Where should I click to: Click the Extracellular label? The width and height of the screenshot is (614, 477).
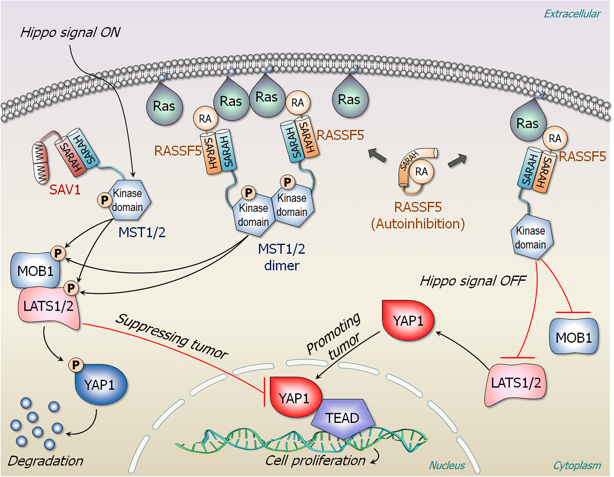pyautogui.click(x=572, y=14)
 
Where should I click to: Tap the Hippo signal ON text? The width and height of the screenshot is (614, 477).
pyautogui.click(x=70, y=33)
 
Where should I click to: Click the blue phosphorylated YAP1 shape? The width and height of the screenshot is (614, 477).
pyautogui.click(x=101, y=385)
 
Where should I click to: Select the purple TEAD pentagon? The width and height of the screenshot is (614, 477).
pyautogui.click(x=342, y=418)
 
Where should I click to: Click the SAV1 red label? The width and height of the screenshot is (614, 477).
pyautogui.click(x=65, y=190)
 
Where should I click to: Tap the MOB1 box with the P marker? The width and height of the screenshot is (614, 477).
pyautogui.click(x=35, y=271)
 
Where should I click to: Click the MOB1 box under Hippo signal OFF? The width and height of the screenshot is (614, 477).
pyautogui.click(x=573, y=337)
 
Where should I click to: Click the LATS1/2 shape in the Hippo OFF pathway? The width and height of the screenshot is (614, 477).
pyautogui.click(x=516, y=383)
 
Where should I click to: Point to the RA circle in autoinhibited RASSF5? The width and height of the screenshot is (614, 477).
pyautogui.click(x=421, y=171)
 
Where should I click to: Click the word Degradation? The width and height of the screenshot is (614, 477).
pyautogui.click(x=45, y=461)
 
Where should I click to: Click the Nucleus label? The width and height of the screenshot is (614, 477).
pyautogui.click(x=447, y=465)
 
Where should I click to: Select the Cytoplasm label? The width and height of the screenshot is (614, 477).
pyautogui.click(x=577, y=465)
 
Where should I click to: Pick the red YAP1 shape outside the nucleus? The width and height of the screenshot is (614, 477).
pyautogui.click(x=408, y=320)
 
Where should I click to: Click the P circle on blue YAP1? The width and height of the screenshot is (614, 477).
pyautogui.click(x=76, y=364)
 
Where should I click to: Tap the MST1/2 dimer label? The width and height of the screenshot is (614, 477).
pyautogui.click(x=281, y=257)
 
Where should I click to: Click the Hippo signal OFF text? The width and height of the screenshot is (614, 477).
pyautogui.click(x=473, y=281)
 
